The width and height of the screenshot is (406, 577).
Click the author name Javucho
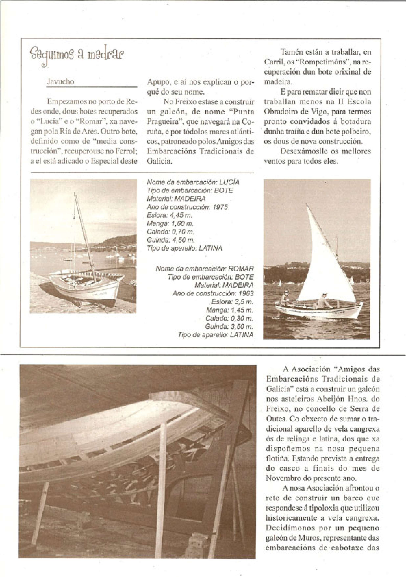point(60,82)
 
